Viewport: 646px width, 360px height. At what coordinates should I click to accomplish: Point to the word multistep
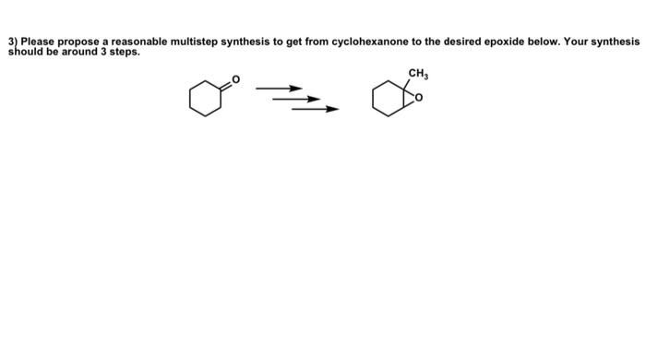click(196, 42)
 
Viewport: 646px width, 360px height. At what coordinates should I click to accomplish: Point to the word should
click(25, 52)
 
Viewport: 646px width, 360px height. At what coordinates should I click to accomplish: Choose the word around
click(75, 52)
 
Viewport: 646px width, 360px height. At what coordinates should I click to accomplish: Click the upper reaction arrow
click(279, 89)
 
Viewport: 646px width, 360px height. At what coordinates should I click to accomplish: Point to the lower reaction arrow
click(315, 109)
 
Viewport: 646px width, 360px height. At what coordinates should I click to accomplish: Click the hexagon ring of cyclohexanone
click(205, 100)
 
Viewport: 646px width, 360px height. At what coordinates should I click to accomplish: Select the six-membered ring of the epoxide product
click(389, 100)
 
